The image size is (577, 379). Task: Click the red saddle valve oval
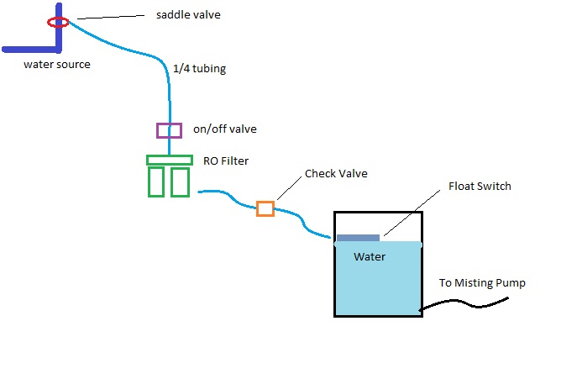point(58,21)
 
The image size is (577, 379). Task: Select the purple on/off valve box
point(169,130)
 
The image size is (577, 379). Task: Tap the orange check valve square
point(265,208)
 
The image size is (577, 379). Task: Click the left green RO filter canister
point(156,182)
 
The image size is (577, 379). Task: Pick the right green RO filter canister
point(180,182)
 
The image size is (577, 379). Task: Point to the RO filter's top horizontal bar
point(169,160)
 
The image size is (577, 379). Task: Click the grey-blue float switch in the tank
point(358,238)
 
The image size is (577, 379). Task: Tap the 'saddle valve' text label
point(188,15)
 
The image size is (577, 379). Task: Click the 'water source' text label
point(56,64)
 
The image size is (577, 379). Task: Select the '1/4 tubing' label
point(199,70)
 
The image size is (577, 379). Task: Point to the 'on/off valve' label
point(224,129)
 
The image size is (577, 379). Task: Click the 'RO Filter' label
point(227,161)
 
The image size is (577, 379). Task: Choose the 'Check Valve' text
point(336,174)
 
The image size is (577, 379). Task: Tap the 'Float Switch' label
point(480,186)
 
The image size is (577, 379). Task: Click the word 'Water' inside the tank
point(370,256)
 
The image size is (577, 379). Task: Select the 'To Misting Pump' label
point(482,283)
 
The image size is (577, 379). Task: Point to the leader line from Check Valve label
point(291,189)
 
